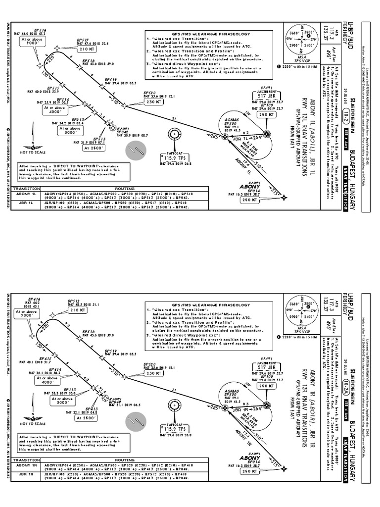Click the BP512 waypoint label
tap(74, 301)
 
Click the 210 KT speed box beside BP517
tap(86, 50)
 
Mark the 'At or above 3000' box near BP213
tap(69, 130)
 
